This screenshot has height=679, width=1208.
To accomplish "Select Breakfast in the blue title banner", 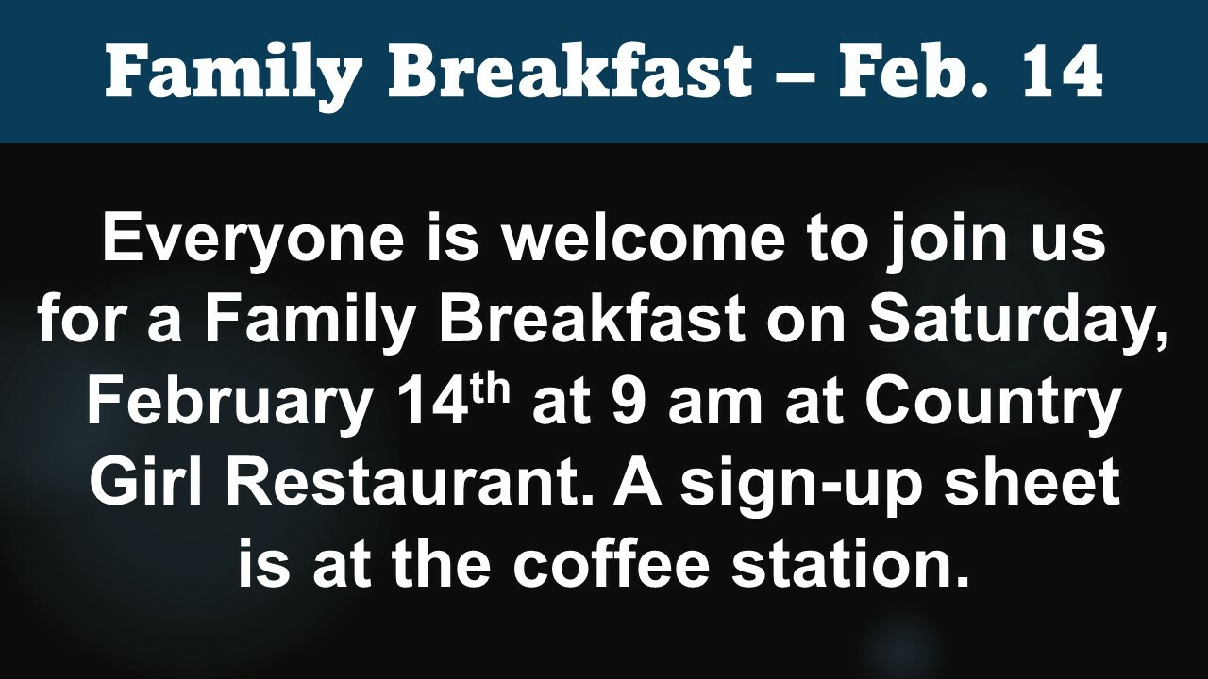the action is (570, 71).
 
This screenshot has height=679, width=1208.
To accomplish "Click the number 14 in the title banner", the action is (1060, 72).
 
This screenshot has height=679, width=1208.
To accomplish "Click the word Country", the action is (995, 406).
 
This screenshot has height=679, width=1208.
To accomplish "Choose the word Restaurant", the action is (410, 483).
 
